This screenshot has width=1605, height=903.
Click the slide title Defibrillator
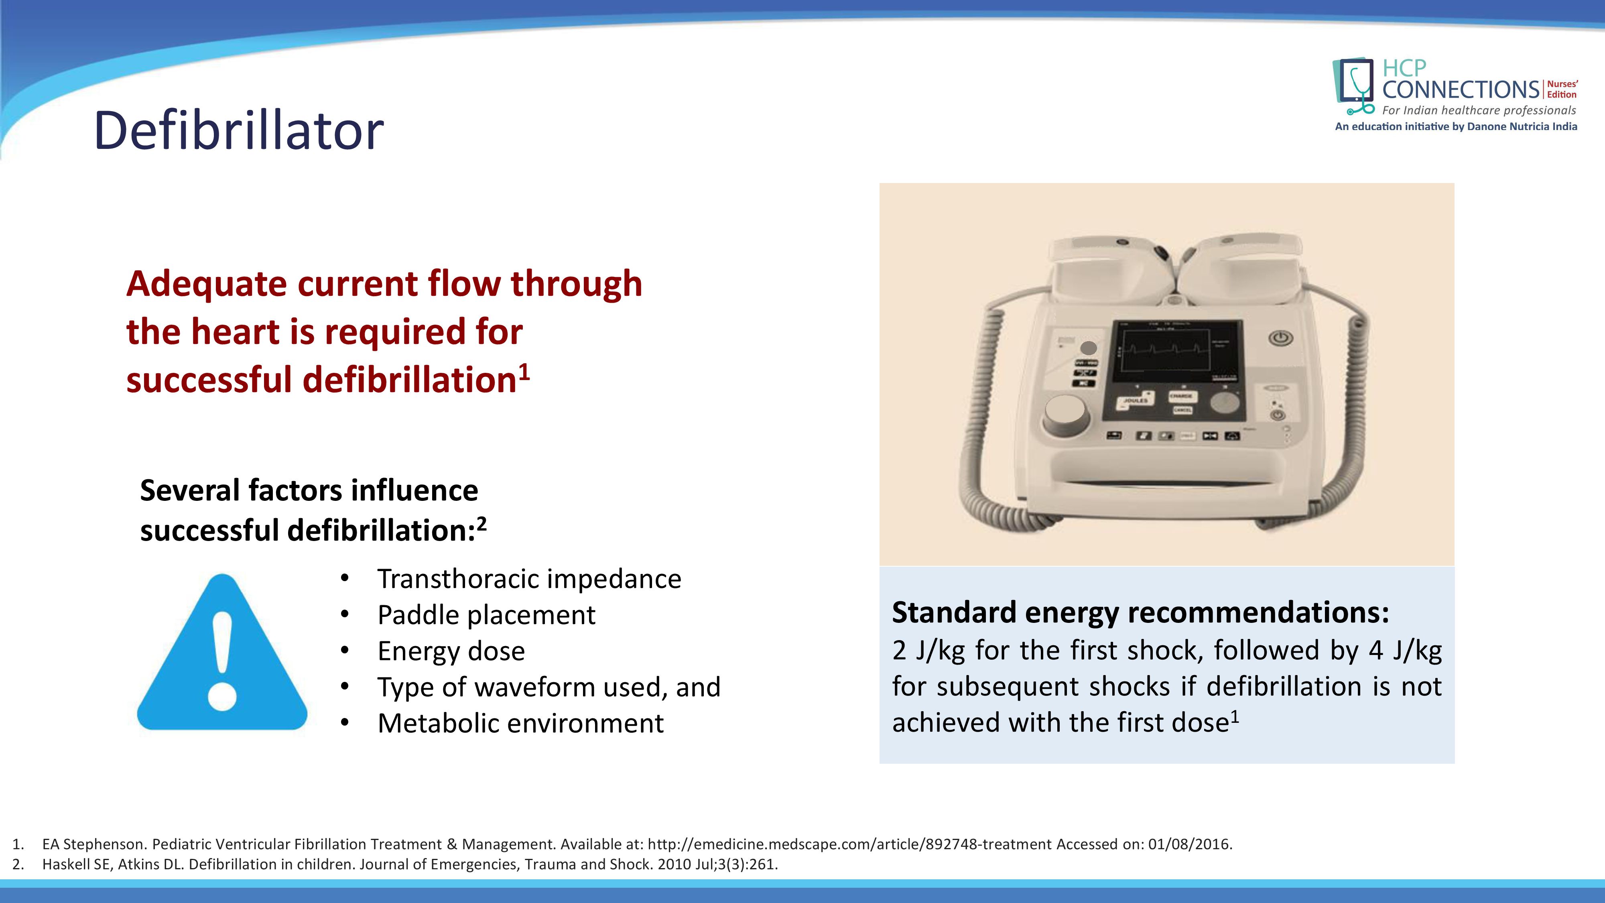[239, 130]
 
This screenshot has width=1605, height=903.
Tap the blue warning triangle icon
[222, 652]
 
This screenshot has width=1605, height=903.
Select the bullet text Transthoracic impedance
[529, 579]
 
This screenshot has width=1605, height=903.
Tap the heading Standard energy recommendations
[1141, 612]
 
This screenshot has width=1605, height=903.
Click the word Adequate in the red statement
[206, 284]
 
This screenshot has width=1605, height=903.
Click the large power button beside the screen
[1280, 338]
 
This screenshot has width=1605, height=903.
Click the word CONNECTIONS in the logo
[1461, 90]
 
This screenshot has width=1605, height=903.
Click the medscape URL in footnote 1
[850, 844]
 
